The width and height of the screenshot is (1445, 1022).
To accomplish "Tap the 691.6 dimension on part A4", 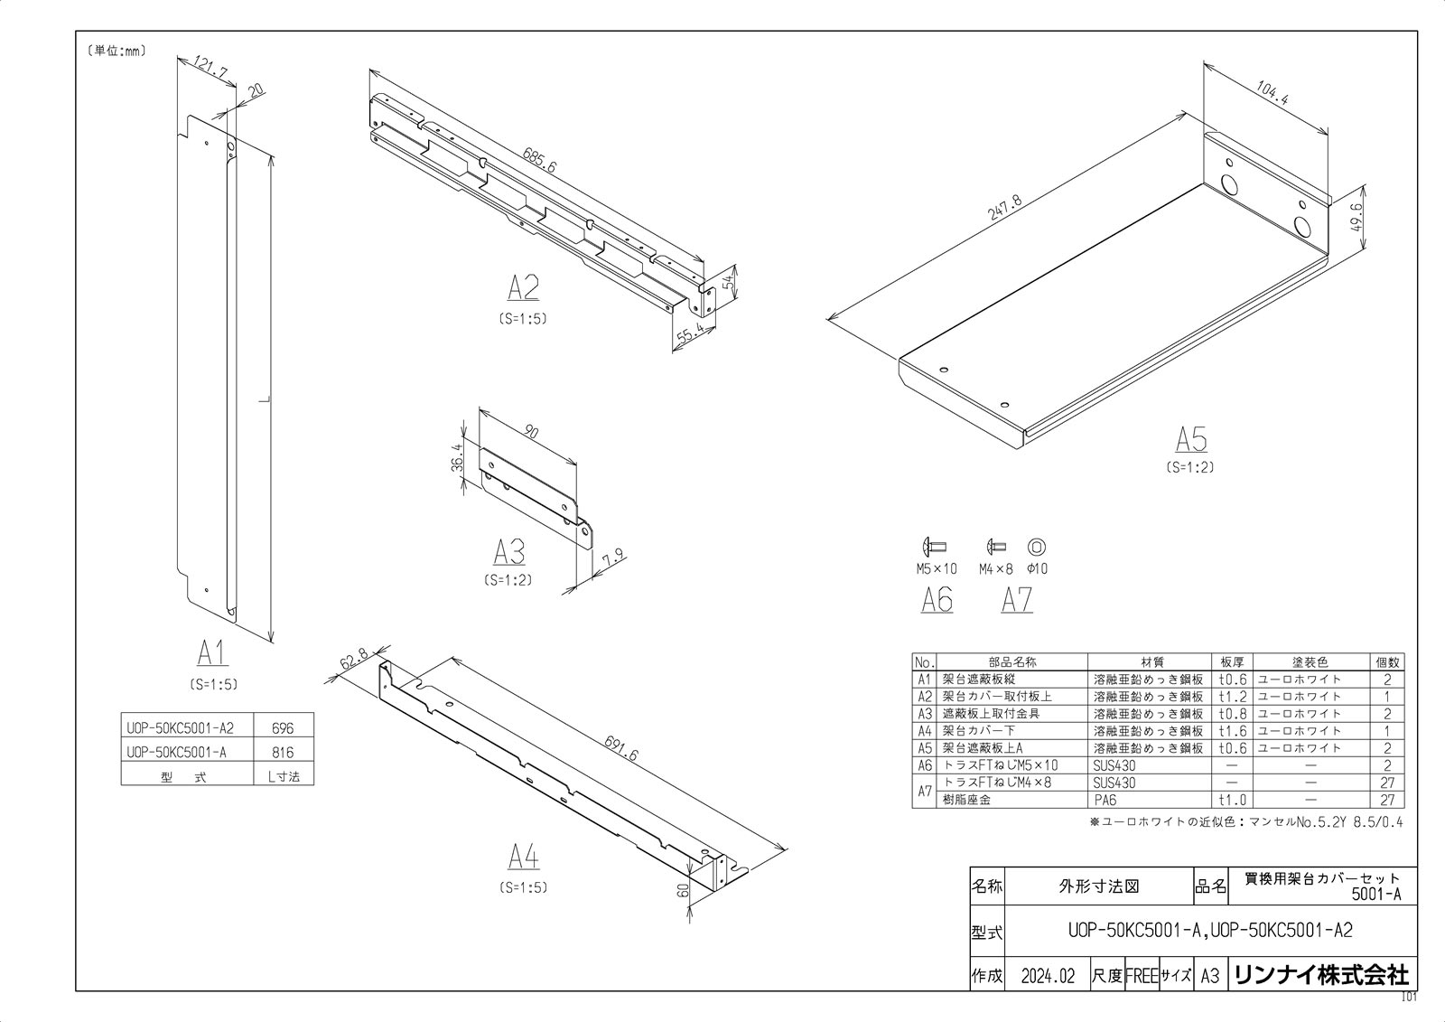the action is pyautogui.click(x=620, y=747).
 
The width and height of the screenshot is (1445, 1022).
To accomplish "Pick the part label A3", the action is pyautogui.click(x=509, y=552).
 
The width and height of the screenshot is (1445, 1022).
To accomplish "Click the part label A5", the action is pyautogui.click(x=1191, y=440).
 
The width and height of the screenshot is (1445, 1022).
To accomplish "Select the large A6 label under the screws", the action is pyautogui.click(x=937, y=600).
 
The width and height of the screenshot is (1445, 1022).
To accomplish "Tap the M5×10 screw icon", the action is pyautogui.click(x=934, y=547).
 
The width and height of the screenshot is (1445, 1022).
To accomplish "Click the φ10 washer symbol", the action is pyautogui.click(x=1036, y=547).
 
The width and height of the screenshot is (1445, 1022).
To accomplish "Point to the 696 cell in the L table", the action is pyautogui.click(x=283, y=728).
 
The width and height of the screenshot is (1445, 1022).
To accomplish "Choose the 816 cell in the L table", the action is pyautogui.click(x=283, y=752).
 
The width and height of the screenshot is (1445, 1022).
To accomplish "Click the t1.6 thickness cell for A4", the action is pyautogui.click(x=1232, y=731).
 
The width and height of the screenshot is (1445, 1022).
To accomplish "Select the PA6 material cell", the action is pyautogui.click(x=1105, y=800).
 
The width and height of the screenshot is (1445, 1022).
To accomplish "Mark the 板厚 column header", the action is pyautogui.click(x=1232, y=661).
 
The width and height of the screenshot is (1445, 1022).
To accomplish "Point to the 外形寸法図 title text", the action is pyautogui.click(x=1098, y=886).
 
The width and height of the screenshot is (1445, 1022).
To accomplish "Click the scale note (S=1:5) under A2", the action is pyautogui.click(x=522, y=319).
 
